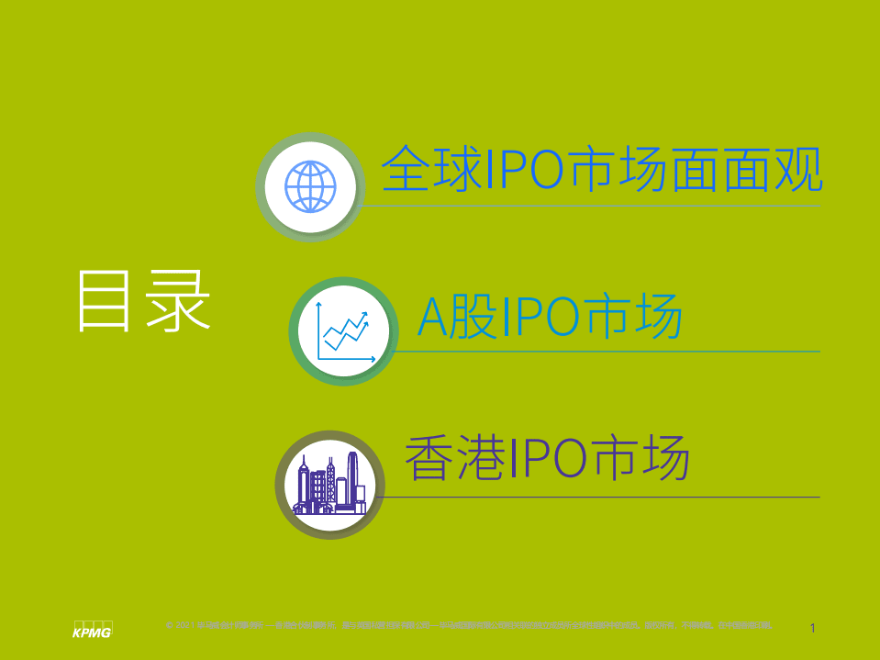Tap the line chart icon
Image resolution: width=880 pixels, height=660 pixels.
click(343, 331)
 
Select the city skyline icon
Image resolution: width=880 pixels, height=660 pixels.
click(329, 484)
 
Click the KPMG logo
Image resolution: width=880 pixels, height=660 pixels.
click(92, 631)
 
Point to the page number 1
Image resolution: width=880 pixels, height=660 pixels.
click(813, 629)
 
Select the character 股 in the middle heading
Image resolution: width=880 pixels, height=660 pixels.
click(475, 318)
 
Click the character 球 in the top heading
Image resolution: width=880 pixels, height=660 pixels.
click(457, 169)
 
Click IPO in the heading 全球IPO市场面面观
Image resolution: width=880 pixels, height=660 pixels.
click(524, 169)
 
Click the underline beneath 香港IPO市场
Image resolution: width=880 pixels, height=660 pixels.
click(596, 497)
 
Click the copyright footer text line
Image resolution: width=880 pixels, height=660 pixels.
click(468, 626)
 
